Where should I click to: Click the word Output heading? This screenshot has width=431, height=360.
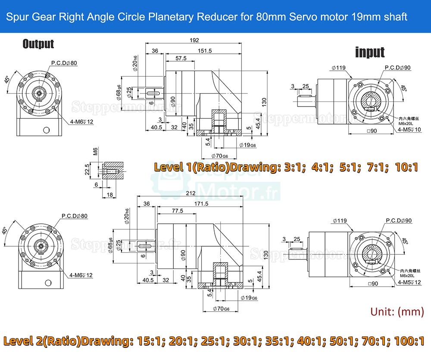pyautogui.click(x=38, y=44)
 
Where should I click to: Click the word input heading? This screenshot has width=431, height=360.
pyautogui.click(x=369, y=52)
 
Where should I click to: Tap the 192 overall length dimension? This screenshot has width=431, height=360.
pyautogui.click(x=194, y=40)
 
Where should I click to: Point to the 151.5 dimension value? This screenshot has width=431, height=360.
pyautogui.click(x=205, y=50)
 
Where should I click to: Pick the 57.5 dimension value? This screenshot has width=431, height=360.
pyautogui.click(x=181, y=58)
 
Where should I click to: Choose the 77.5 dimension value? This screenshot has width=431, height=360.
pyautogui.click(x=177, y=211)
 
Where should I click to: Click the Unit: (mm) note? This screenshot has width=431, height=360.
pyautogui.click(x=397, y=312)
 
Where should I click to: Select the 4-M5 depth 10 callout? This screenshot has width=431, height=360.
pyautogui.click(x=410, y=129)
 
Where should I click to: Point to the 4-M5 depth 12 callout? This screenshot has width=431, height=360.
pyautogui.click(x=410, y=282)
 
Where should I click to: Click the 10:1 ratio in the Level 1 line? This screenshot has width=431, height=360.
pyautogui.click(x=406, y=167)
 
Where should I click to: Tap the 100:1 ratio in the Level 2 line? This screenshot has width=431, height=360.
pyautogui.click(x=407, y=342)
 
